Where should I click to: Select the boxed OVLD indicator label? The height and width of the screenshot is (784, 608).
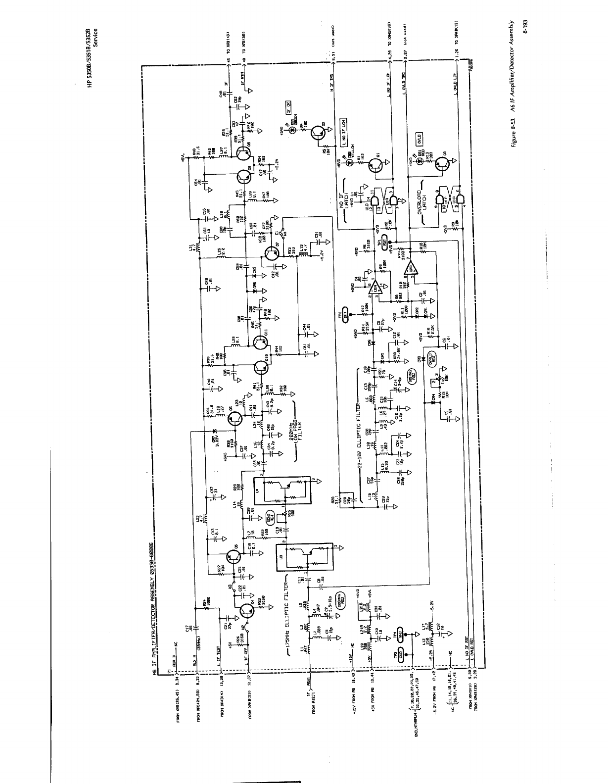point(418,139)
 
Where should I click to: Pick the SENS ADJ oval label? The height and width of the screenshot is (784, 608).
point(270,518)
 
